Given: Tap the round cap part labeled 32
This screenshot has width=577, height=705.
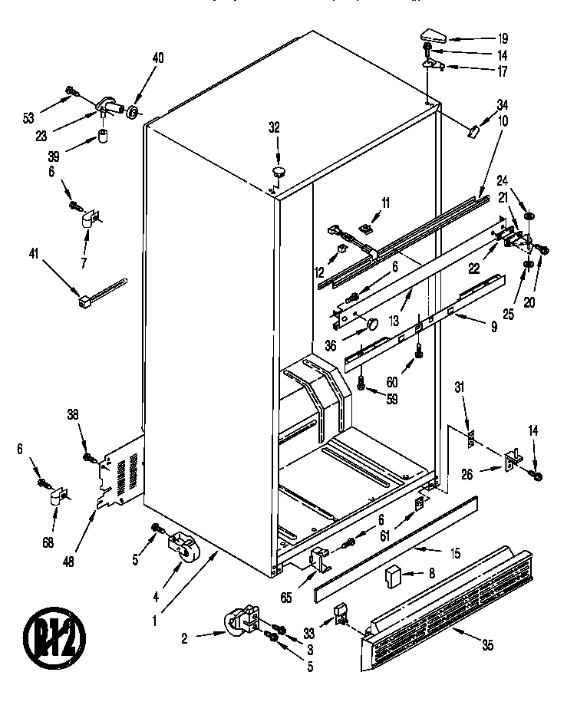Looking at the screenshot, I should pos(278,169).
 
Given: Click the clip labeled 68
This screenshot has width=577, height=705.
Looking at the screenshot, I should pos(57,499).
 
